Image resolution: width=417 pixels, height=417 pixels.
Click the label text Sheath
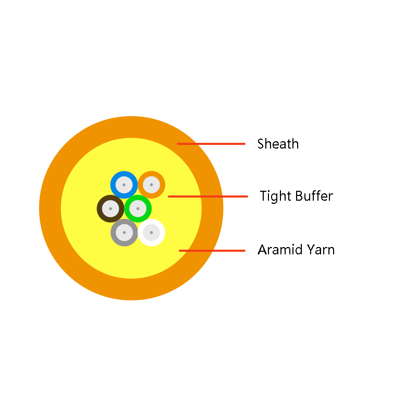pos(278,144)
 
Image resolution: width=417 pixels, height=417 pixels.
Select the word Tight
pos(276,197)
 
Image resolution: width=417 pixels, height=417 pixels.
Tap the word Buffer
pos(314,196)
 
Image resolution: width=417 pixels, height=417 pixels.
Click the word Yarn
pos(321,250)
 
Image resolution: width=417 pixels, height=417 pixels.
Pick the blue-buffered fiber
pos(124,185)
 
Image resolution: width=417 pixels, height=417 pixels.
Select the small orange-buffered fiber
pos(152,185)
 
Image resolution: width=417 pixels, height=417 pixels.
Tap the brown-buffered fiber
pos(111,208)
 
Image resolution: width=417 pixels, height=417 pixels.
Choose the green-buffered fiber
pos(138,208)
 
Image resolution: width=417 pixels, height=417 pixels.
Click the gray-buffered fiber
pos(124,232)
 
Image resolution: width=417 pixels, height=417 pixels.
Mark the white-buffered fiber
pos(152,232)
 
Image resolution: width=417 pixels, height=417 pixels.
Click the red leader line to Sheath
pos(211,144)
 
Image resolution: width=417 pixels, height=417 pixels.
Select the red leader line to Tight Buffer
pos(208,197)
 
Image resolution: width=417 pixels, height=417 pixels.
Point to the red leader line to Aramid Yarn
pos(212,251)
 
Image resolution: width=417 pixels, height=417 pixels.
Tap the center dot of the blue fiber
pos(124,185)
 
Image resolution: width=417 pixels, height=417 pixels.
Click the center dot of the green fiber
pos(138,208)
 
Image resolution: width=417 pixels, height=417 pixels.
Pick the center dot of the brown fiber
pos(111,208)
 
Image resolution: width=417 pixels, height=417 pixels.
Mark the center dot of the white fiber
pos(152,232)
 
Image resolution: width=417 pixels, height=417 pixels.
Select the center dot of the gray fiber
pos(124,232)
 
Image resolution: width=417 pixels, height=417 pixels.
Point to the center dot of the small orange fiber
pos(152,185)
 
